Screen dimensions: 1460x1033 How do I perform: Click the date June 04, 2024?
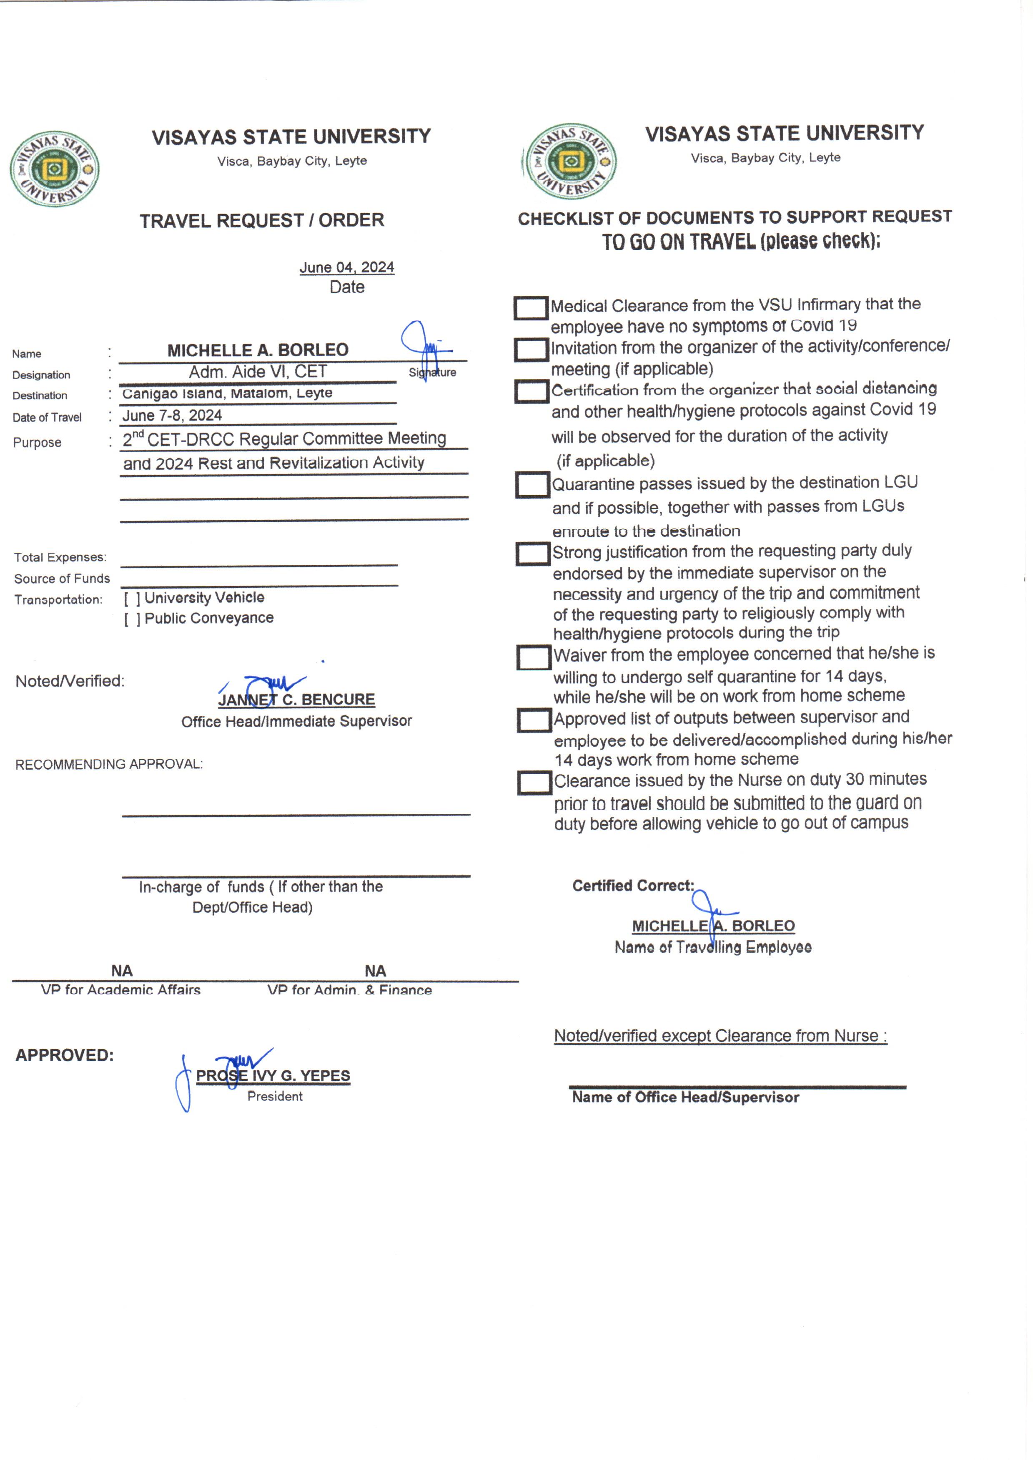pyautogui.click(x=347, y=267)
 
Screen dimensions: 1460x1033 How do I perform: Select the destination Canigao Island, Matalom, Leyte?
pyautogui.click(x=227, y=393)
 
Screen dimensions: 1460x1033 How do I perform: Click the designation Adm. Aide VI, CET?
pyautogui.click(x=258, y=372)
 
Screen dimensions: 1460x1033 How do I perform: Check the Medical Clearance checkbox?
pyautogui.click(x=531, y=308)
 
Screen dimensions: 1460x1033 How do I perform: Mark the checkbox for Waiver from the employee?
pyautogui.click(x=534, y=657)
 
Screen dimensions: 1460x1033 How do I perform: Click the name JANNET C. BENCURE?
pyautogui.click(x=296, y=700)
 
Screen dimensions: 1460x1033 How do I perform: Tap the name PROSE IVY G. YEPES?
pyautogui.click(x=273, y=1075)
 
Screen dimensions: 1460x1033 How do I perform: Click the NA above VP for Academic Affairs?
pyautogui.click(x=121, y=971)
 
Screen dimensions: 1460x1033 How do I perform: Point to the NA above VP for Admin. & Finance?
pyautogui.click(x=375, y=971)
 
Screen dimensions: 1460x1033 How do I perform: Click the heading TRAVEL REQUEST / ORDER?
pyautogui.click(x=261, y=221)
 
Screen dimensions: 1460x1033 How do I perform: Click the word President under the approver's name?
pyautogui.click(x=275, y=1096)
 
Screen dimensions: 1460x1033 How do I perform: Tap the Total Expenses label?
pyautogui.click(x=60, y=558)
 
